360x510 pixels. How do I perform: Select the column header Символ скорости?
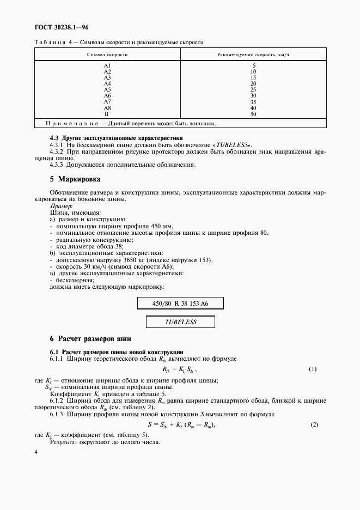coord(107,56)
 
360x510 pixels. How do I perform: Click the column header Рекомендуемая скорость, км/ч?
coord(253,56)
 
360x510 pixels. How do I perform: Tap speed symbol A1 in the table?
coord(107,66)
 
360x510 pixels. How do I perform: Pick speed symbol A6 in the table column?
coord(107,96)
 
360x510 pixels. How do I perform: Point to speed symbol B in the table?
coord(107,114)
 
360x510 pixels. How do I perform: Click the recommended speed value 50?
coord(253,114)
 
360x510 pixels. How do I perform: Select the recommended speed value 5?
coord(253,66)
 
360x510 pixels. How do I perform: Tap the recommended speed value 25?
coord(253,90)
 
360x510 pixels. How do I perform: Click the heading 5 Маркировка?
coord(75,179)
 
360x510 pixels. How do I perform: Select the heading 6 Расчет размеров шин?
coord(90,339)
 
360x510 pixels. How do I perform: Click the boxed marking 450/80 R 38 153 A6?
coord(180,303)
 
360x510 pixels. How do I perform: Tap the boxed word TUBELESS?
coord(180,322)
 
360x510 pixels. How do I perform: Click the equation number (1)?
coord(313,369)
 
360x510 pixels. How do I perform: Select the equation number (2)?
coord(314,424)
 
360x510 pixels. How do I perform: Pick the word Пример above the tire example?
coord(60,207)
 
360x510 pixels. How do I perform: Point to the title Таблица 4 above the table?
coord(50,42)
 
